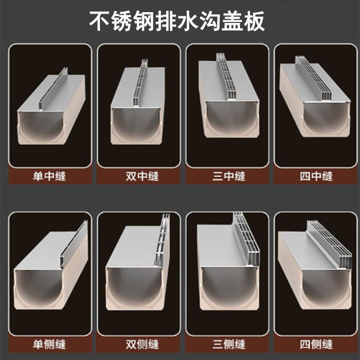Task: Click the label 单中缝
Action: coord(49,176)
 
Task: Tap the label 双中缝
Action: coord(139,176)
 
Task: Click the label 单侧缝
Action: coord(49,345)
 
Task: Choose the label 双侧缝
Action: coord(139,345)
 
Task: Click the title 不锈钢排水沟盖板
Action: coord(177,21)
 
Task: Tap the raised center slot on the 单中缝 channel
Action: coord(53,90)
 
